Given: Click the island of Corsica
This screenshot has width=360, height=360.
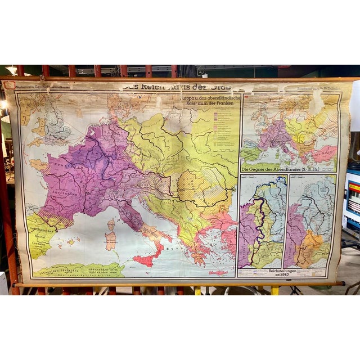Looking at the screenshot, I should coord(111,224).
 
